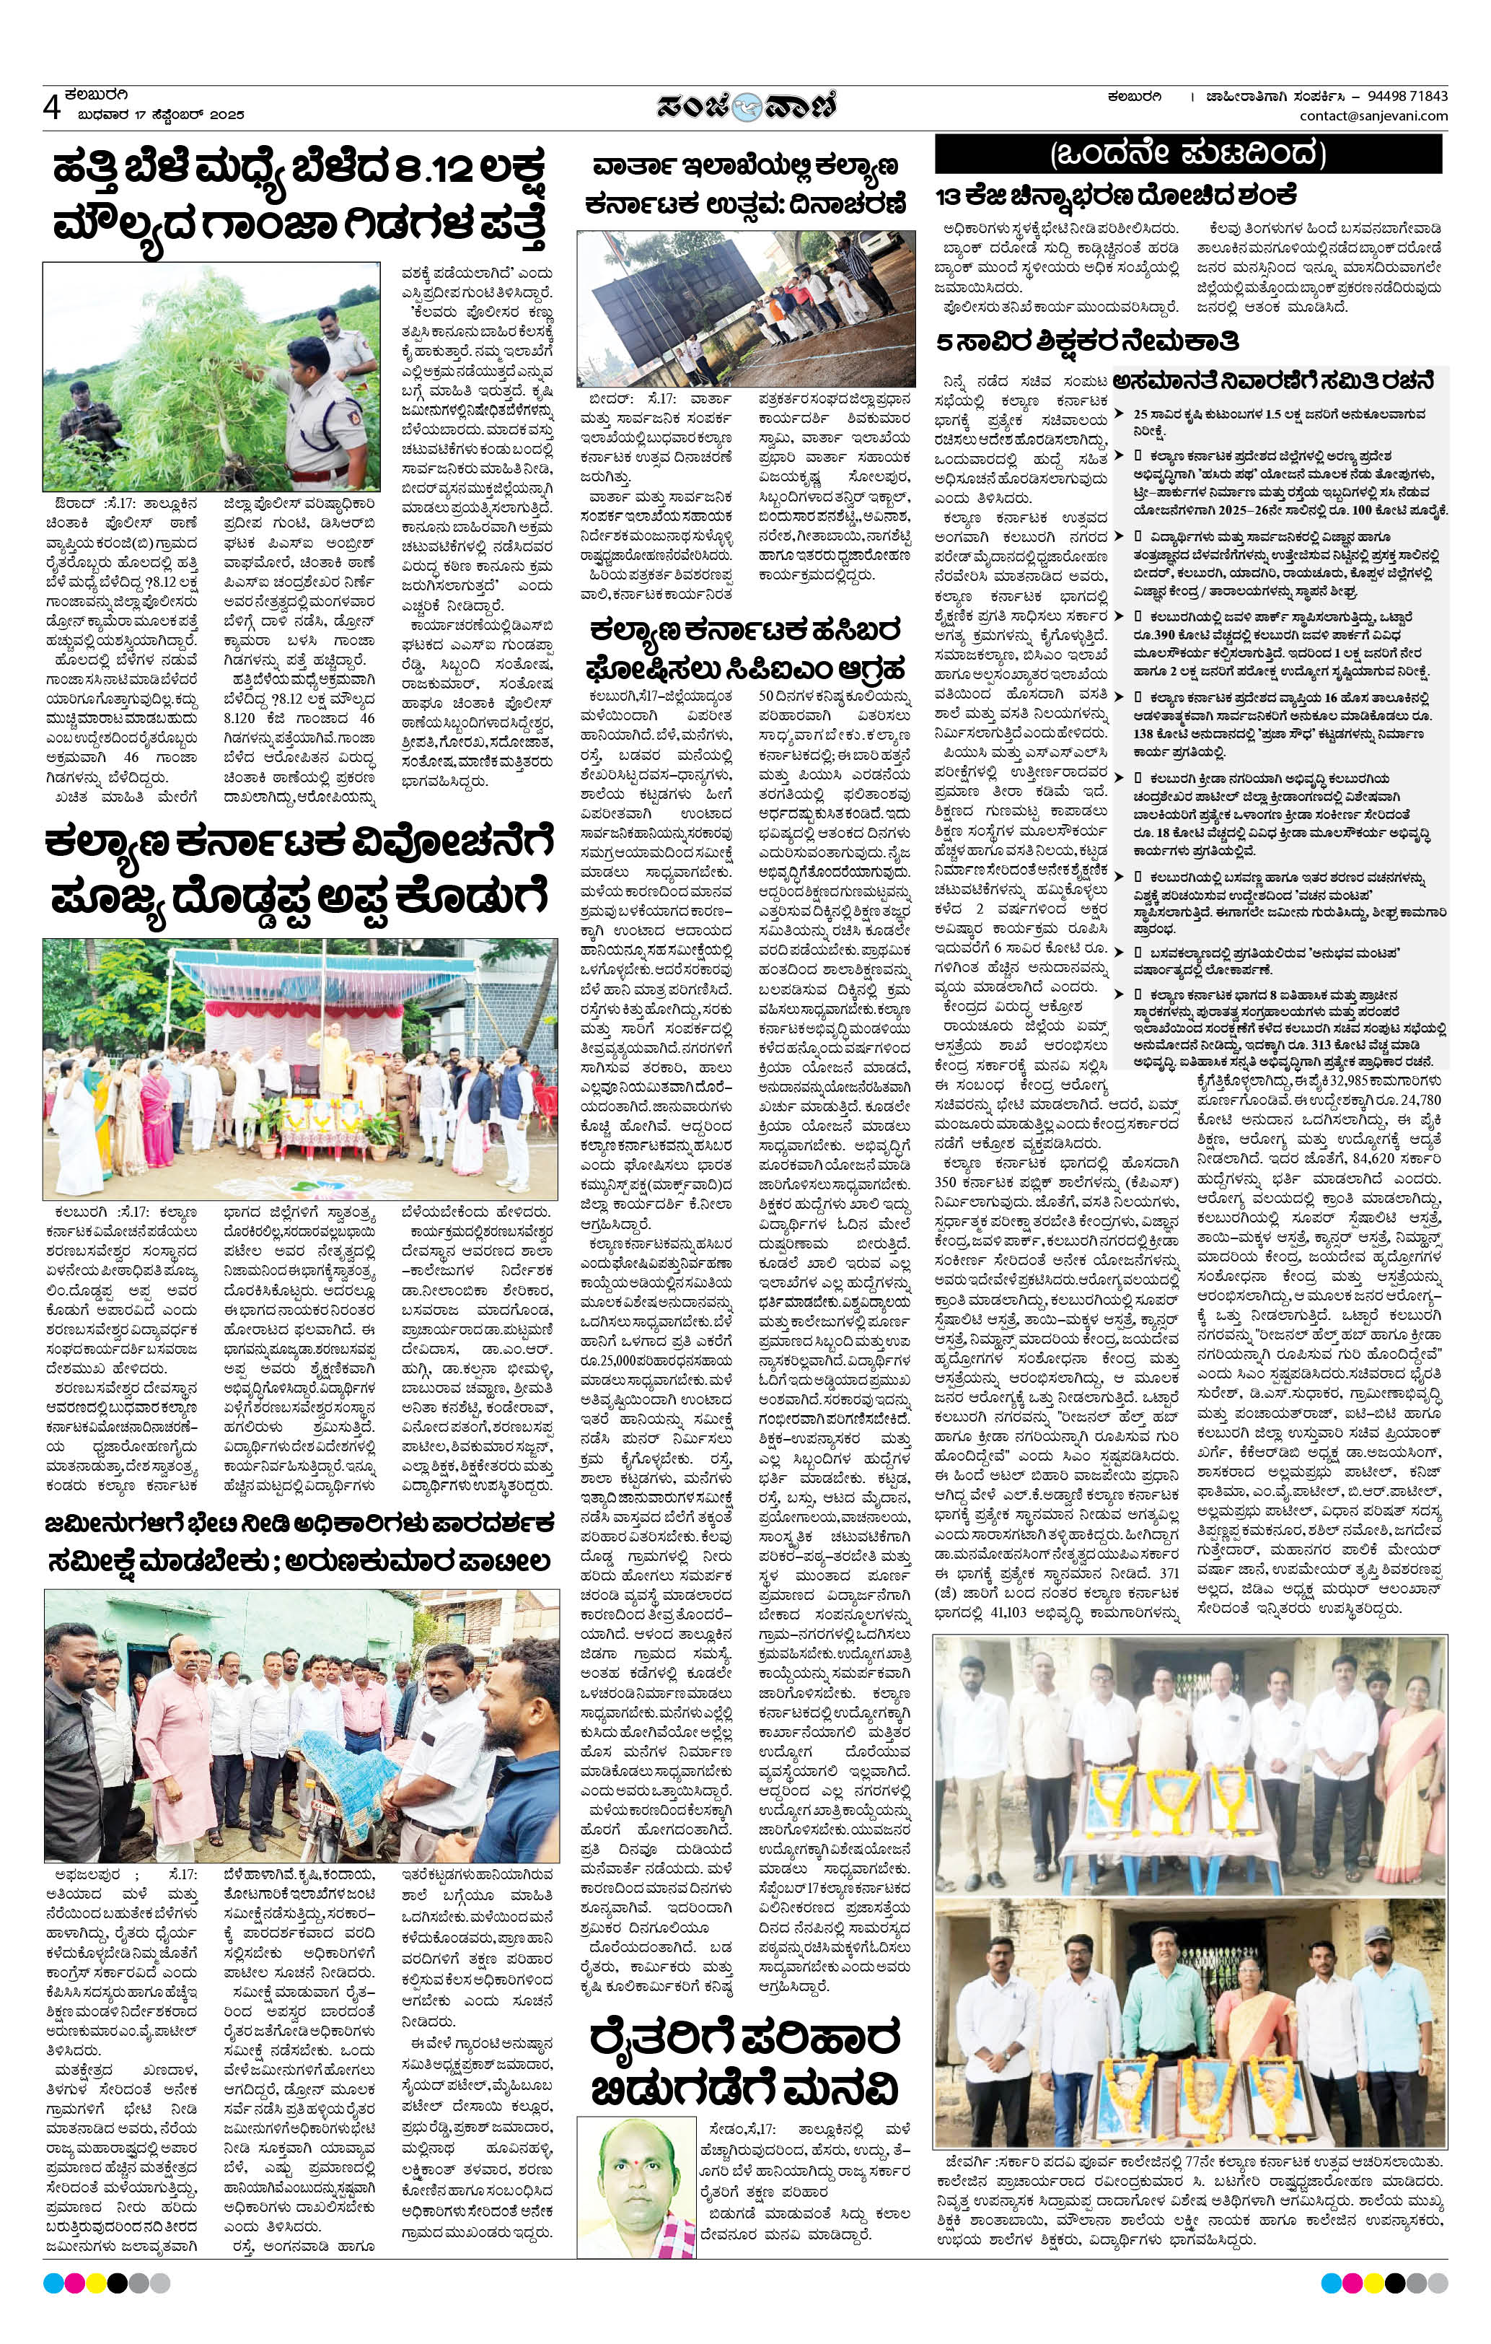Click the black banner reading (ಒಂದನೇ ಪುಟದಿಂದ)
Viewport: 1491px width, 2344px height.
point(1187,154)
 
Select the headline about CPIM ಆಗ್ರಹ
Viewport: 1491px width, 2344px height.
point(744,650)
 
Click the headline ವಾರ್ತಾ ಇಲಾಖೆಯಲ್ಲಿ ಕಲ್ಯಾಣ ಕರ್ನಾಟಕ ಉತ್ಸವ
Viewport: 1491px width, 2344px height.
point(744,185)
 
